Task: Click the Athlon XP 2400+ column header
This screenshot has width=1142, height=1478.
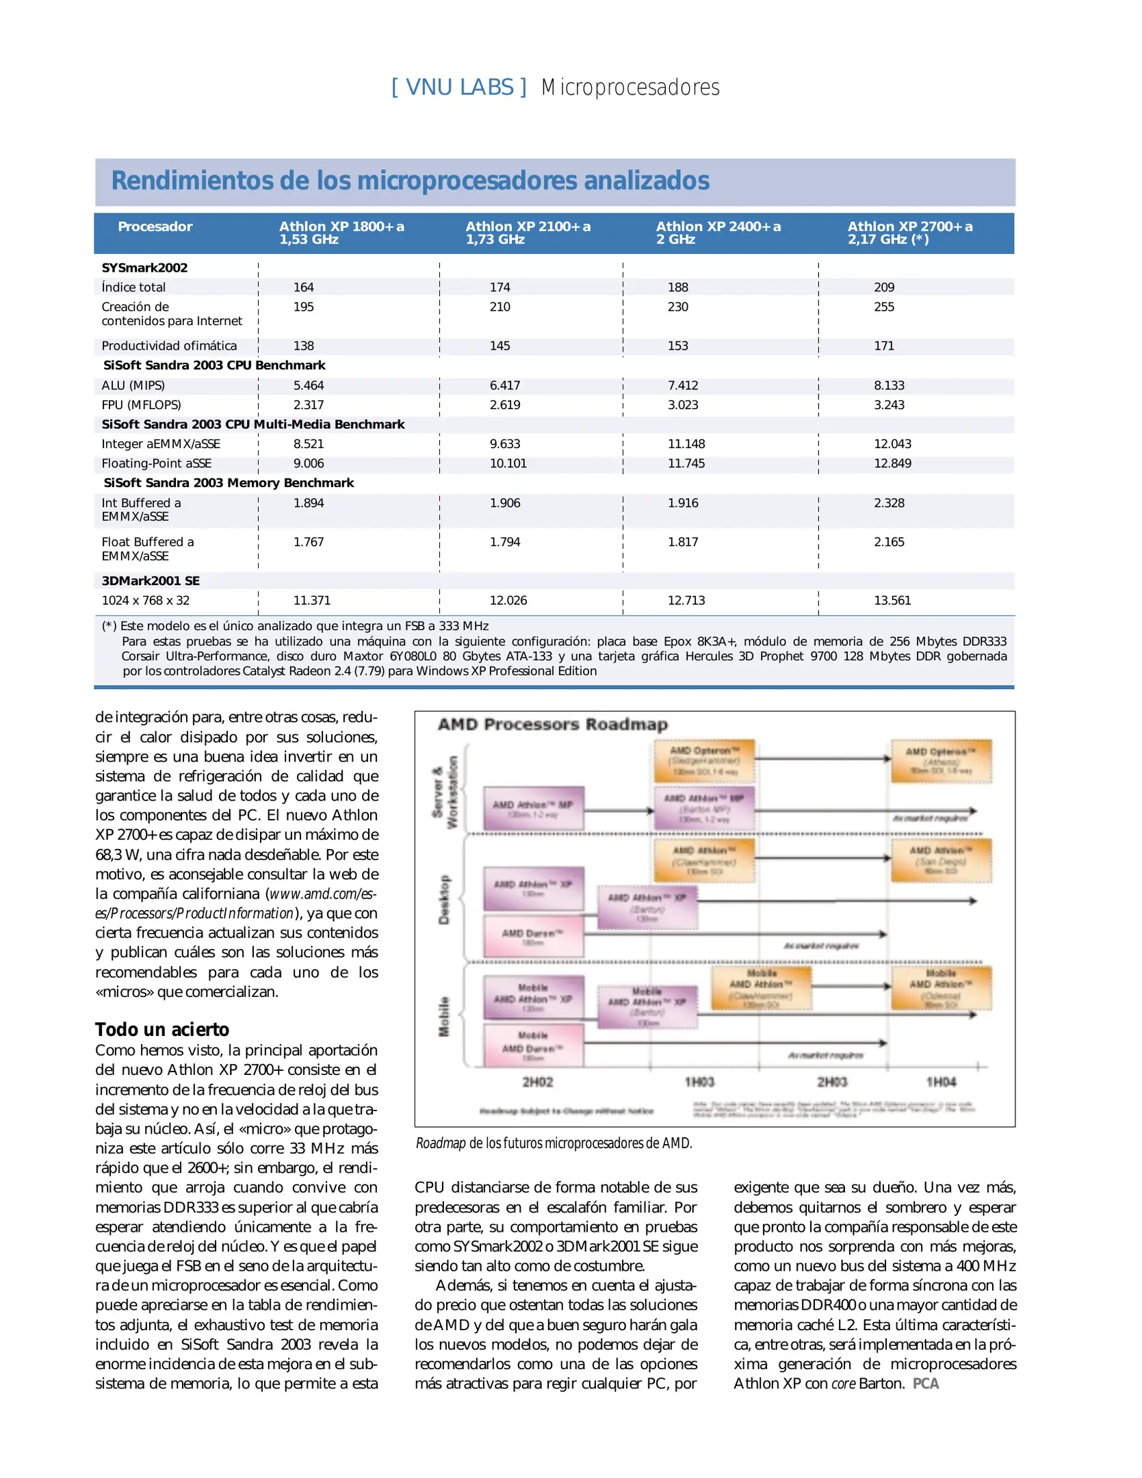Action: pos(717,233)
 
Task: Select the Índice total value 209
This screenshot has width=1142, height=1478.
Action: pos(883,287)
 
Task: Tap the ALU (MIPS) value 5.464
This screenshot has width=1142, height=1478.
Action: pos(308,385)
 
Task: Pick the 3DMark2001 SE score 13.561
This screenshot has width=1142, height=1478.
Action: pos(892,600)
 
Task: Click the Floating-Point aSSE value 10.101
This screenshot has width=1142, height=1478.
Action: pos(508,463)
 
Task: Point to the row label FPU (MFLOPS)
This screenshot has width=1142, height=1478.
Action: pos(141,405)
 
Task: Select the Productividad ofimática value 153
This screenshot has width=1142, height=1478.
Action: pos(677,346)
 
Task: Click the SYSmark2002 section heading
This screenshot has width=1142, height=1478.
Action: pos(144,268)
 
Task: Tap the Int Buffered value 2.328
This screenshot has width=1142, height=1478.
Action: pos(889,503)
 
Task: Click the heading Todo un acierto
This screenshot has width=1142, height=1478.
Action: pos(162,1029)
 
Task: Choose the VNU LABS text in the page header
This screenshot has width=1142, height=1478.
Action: pos(459,88)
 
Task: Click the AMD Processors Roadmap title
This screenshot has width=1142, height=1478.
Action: pos(552,724)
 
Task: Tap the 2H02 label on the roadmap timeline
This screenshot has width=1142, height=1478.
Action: pos(537,1082)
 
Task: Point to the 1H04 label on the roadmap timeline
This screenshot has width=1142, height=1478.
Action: pos(941,1082)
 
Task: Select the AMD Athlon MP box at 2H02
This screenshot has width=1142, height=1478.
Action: pos(533,808)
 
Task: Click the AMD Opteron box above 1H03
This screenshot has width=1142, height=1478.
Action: pos(704,760)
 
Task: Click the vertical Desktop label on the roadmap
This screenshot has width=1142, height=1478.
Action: pos(444,899)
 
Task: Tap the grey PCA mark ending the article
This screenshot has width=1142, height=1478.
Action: pos(925,1384)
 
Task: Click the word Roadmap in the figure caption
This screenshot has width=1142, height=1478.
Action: pos(440,1143)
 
